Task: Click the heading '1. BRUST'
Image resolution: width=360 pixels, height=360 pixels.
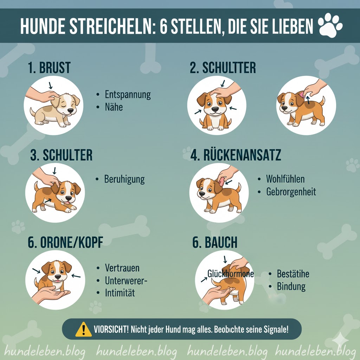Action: click(x=50, y=67)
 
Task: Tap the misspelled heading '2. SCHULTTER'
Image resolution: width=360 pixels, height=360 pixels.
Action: click(x=223, y=67)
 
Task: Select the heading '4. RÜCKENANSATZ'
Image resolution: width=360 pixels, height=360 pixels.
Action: click(x=236, y=155)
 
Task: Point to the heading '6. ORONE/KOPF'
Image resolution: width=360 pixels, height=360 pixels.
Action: click(x=65, y=243)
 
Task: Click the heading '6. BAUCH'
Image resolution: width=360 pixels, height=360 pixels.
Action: click(x=215, y=243)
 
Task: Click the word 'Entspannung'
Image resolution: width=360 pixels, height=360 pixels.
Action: click(x=128, y=95)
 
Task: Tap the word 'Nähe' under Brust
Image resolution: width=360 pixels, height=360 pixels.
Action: click(x=114, y=107)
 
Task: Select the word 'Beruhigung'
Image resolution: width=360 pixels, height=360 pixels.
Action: click(x=124, y=179)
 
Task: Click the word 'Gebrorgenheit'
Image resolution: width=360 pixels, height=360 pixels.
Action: click(x=291, y=192)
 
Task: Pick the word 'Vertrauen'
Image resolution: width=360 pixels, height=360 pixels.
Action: click(x=122, y=268)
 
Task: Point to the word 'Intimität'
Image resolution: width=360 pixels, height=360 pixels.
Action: click(x=120, y=292)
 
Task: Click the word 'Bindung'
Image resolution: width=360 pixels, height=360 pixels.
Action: click(x=291, y=286)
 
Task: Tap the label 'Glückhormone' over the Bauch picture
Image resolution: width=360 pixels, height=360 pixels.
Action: click(x=230, y=274)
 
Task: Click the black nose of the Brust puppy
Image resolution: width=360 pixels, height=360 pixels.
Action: click(x=70, y=111)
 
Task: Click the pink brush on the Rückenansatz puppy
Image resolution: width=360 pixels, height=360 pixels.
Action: click(x=221, y=181)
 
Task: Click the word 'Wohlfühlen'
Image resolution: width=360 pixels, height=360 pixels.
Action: click(x=285, y=179)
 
